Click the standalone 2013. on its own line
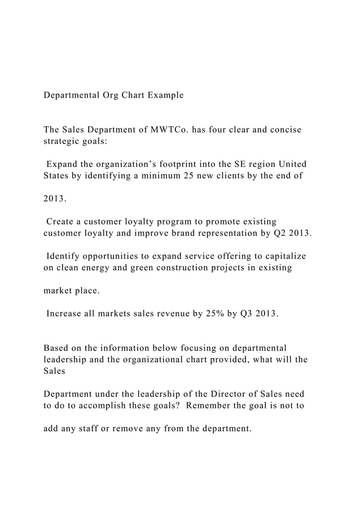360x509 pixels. click(55, 199)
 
